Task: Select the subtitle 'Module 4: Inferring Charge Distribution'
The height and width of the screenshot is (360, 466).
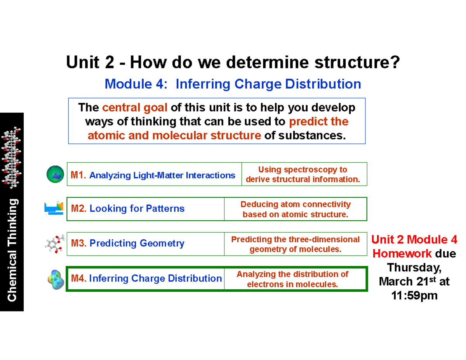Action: pos(233,83)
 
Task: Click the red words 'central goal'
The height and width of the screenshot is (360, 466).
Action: pos(135,107)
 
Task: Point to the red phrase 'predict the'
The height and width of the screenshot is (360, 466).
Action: pos(318,122)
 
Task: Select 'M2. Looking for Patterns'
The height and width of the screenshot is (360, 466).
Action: pos(127,209)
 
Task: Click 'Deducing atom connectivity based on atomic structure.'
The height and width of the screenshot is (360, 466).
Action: pos(295,209)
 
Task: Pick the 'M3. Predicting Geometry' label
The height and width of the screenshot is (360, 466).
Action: pos(127,243)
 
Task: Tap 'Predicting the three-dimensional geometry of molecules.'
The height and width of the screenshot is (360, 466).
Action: pos(295,244)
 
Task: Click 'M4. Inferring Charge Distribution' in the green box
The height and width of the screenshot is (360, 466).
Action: pos(146,278)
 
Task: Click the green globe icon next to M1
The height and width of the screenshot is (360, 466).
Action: pos(56,174)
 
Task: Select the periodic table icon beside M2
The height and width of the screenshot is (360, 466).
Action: pos(54,208)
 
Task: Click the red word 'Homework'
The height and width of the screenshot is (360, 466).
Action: pos(402,254)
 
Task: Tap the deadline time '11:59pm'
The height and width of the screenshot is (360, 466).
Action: pos(414,296)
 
